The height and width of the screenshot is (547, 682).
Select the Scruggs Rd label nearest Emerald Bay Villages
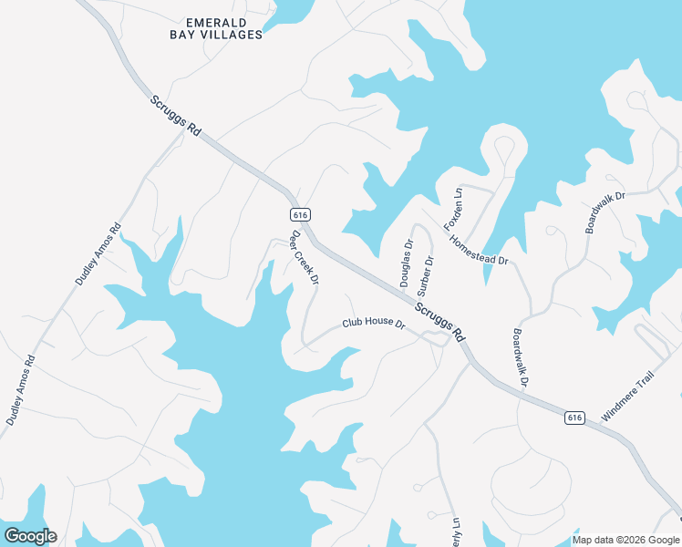tap(175, 114)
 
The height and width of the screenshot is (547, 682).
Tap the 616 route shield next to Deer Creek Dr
tap(301, 214)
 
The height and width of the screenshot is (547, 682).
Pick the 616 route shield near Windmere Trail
tap(573, 418)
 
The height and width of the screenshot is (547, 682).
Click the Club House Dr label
tap(373, 323)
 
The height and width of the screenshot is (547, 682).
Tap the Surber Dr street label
tap(425, 275)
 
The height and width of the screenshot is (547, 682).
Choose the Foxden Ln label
tap(453, 209)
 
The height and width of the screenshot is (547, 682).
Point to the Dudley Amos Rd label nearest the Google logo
tap(21, 391)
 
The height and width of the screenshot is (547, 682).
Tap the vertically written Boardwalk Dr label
tap(521, 357)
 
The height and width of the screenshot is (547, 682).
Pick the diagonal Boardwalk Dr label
tap(605, 212)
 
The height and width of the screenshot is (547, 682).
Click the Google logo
tap(30, 536)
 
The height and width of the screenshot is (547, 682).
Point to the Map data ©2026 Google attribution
tap(626, 540)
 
